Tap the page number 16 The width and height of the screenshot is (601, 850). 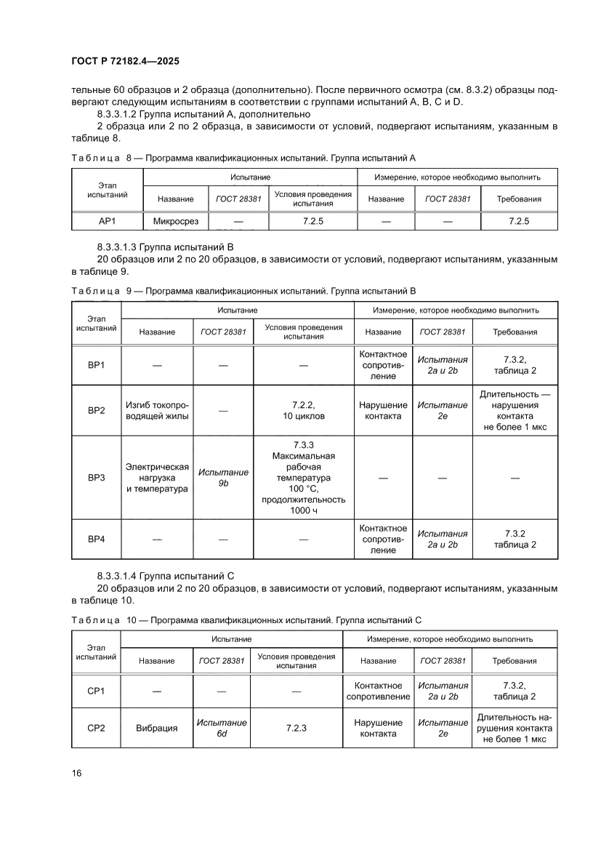(76, 772)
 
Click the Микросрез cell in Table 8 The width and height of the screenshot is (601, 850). (175, 221)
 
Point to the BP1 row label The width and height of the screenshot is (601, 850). (96, 364)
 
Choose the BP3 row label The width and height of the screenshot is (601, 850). (96, 478)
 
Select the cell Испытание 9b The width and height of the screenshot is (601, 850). (223, 478)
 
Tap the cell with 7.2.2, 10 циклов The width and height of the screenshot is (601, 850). (303, 411)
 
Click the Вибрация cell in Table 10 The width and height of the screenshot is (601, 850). (156, 728)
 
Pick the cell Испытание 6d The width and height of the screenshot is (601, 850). (222, 728)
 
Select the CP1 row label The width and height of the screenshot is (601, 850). (96, 691)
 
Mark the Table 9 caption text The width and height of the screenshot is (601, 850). (243, 291)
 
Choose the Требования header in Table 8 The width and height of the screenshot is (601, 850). (518, 199)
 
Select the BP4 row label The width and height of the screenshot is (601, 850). (96, 539)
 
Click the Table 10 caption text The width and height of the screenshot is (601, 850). (247, 620)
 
